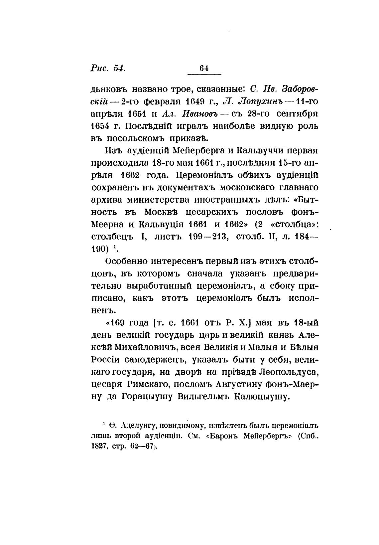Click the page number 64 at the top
[x=204, y=68]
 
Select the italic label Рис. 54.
[x=107, y=68]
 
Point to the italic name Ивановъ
[x=199, y=114]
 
